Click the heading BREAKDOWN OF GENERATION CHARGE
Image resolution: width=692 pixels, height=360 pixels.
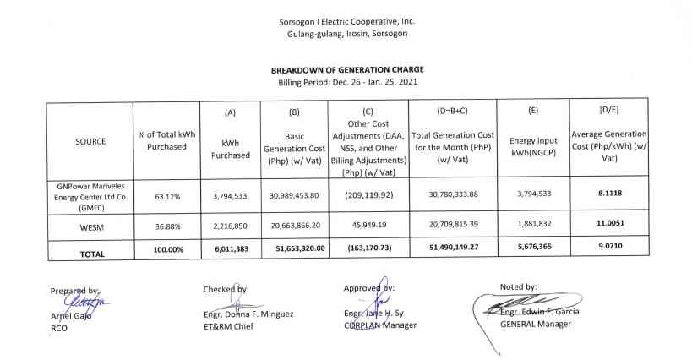[346, 69]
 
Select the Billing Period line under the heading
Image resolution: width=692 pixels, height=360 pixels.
[346, 82]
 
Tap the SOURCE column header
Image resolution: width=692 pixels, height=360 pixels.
[90, 141]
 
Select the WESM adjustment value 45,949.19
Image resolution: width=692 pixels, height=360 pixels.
[366, 226]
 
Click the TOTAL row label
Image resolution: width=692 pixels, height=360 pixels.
[90, 252]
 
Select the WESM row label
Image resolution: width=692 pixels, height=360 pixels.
[90, 226]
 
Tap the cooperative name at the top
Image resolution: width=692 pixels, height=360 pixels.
[346, 20]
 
